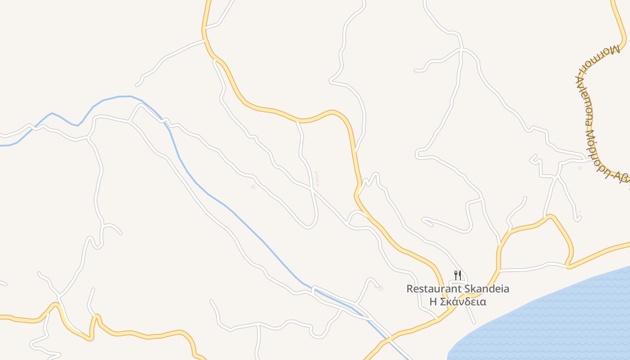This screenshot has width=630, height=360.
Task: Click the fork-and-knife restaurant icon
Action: [457, 275]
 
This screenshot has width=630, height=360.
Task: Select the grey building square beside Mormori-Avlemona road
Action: [580, 168]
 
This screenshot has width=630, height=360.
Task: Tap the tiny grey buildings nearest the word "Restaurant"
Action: [382, 288]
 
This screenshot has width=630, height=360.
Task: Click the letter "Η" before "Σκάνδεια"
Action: [433, 301]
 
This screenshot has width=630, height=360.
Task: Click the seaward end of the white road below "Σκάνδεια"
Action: [474, 323]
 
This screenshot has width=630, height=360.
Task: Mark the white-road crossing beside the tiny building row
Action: [311, 189]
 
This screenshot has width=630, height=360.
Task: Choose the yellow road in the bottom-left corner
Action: [27, 319]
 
